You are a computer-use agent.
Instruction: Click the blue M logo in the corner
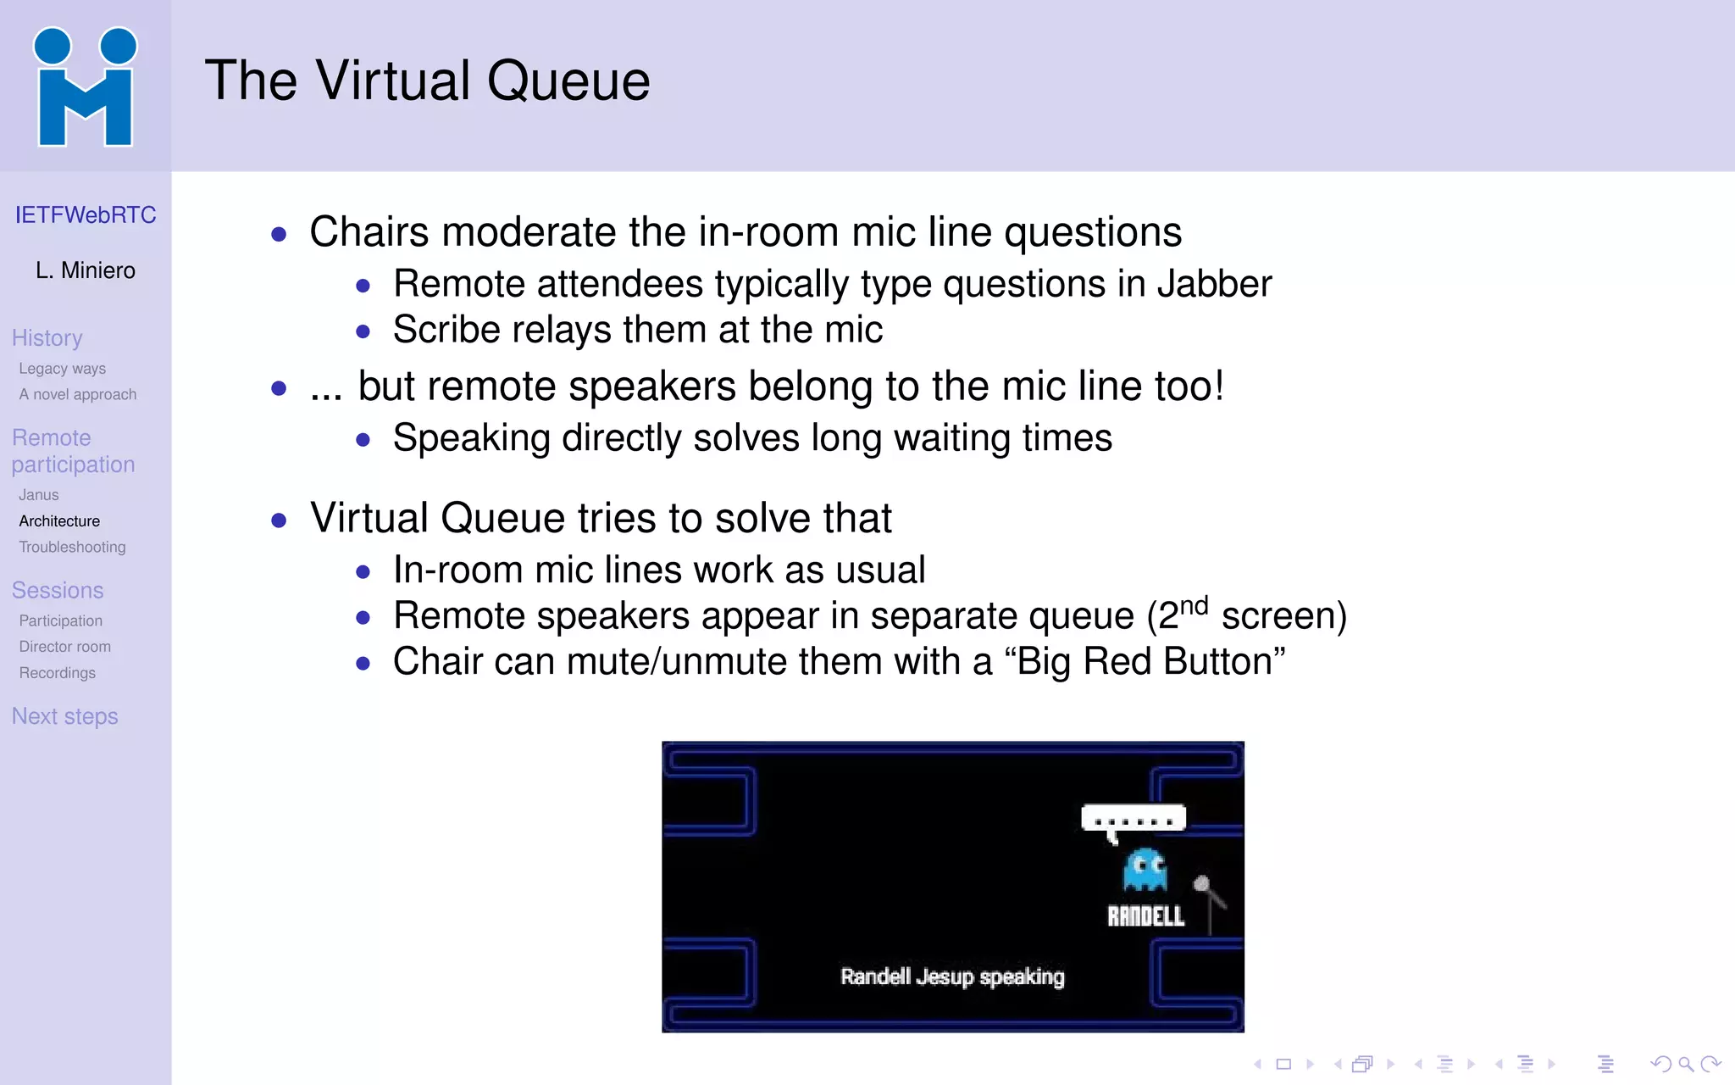click(85, 87)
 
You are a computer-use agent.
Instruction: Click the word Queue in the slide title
click(568, 81)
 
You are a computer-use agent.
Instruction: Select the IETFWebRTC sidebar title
click(86, 215)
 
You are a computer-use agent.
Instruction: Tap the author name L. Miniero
click(86, 270)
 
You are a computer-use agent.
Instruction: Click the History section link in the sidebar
click(47, 338)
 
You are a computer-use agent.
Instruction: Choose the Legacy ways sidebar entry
click(63, 369)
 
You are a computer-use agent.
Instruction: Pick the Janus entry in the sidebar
click(39, 495)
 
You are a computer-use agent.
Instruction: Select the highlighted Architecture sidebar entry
click(59, 521)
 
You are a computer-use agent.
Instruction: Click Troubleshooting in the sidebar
click(72, 548)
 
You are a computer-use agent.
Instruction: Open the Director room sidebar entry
click(65, 647)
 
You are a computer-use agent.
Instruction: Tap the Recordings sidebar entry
click(58, 673)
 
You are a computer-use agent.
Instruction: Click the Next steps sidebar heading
click(65, 716)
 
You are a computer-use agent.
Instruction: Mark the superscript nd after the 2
click(1194, 605)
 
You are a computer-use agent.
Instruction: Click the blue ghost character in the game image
click(1145, 870)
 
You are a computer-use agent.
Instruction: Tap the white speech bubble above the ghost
click(1133, 820)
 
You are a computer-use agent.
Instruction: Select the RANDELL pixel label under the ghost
click(1145, 916)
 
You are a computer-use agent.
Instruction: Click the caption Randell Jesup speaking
click(952, 976)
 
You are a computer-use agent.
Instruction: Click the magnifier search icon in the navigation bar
click(1686, 1064)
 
